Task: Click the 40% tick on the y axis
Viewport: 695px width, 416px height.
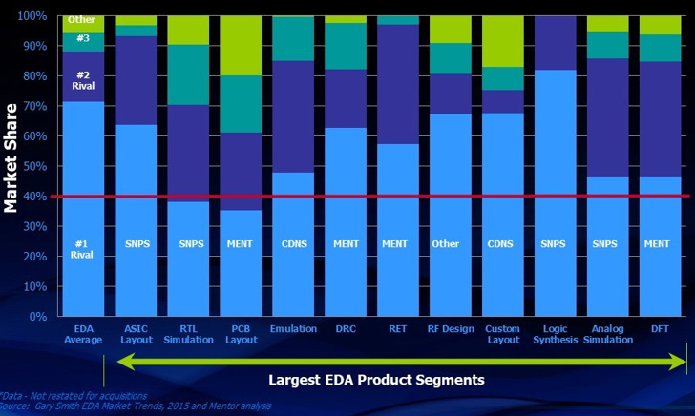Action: pyautogui.click(x=36, y=197)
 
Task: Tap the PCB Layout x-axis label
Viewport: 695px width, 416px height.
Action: pyautogui.click(x=241, y=334)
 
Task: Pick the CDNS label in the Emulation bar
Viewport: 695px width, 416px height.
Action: pyautogui.click(x=293, y=243)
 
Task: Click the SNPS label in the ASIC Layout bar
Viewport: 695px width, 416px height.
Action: pyautogui.click(x=136, y=243)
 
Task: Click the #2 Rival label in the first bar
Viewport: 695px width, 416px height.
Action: pyautogui.click(x=82, y=79)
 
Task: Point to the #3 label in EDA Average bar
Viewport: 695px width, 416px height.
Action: pyautogui.click(x=82, y=39)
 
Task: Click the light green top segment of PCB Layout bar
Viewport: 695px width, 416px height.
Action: pyautogui.click(x=241, y=46)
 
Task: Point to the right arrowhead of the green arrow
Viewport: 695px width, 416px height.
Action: pyautogui.click(x=680, y=362)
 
